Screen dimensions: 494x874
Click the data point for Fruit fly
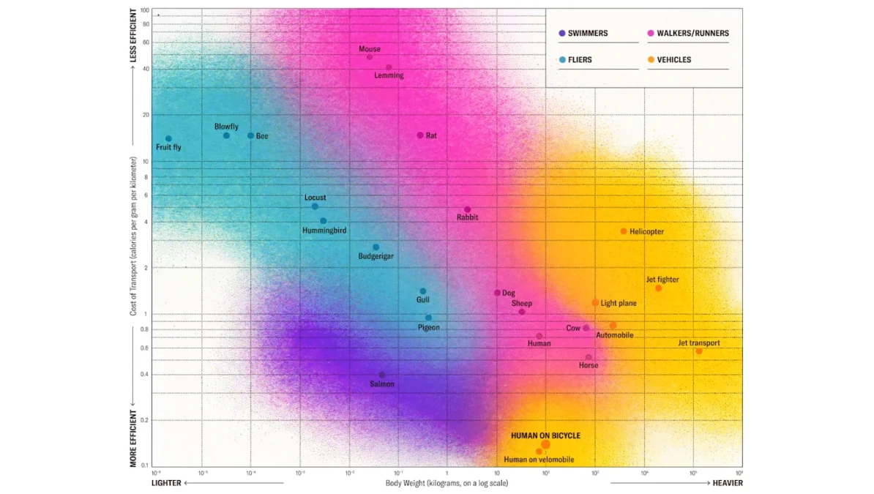[168, 138]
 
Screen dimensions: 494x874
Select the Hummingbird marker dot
[323, 221]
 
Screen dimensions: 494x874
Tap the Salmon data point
[382, 375]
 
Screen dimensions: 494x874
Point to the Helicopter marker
[624, 231]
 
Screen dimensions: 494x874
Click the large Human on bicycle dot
[545, 444]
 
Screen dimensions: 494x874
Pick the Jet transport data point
[699, 351]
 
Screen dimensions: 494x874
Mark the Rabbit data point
[467, 209]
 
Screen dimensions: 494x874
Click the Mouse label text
[370, 49]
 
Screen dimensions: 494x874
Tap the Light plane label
[619, 303]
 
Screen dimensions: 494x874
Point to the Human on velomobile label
[539, 460]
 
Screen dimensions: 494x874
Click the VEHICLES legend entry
[673, 60]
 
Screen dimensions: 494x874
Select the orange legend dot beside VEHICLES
[651, 60]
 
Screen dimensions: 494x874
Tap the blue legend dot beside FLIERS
[561, 60]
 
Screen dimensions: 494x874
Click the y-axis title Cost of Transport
[134, 236]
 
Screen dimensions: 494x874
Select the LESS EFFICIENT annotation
[134, 35]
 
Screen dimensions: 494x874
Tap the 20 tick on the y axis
[144, 115]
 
